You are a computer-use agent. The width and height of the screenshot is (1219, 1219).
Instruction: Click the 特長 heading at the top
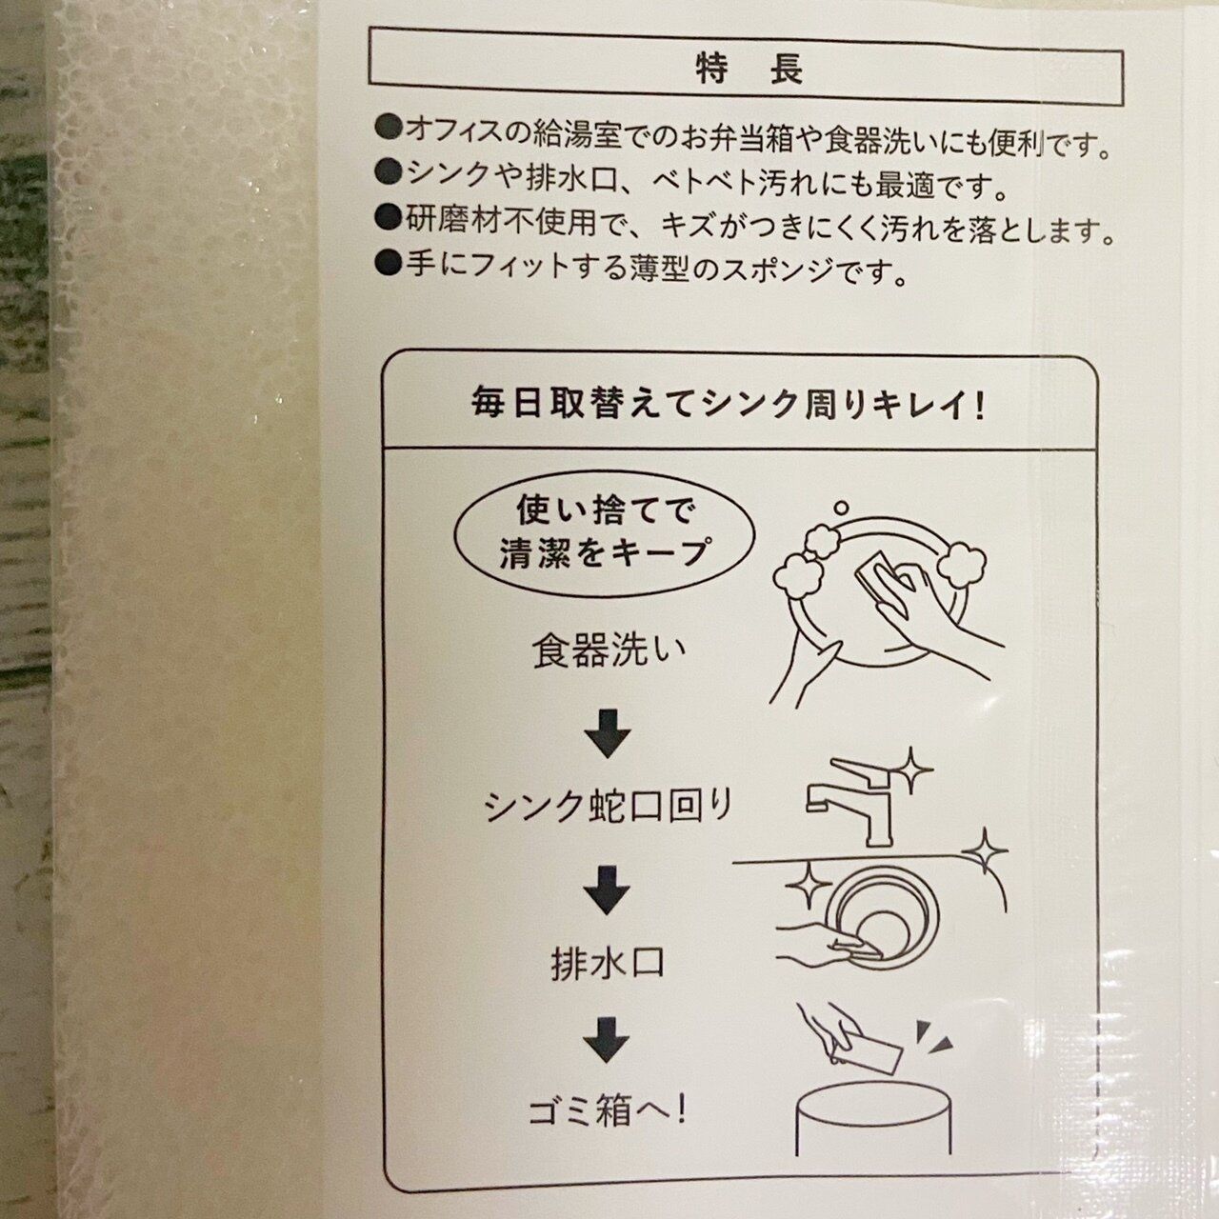pyautogui.click(x=749, y=70)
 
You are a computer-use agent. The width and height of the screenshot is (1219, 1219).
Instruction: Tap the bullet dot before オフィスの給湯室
pyautogui.click(x=388, y=130)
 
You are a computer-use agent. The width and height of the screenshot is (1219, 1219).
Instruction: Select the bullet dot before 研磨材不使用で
pyautogui.click(x=388, y=218)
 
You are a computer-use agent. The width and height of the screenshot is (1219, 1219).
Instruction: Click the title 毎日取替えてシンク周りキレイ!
pyautogui.click(x=728, y=406)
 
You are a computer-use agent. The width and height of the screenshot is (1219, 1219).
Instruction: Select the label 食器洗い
pyautogui.click(x=609, y=650)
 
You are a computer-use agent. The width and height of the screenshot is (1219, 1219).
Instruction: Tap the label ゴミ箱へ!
pyautogui.click(x=607, y=1110)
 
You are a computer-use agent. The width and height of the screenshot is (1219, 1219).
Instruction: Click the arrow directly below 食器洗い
pyautogui.click(x=607, y=733)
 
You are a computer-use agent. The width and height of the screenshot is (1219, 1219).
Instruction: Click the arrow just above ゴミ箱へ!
pyautogui.click(x=607, y=1041)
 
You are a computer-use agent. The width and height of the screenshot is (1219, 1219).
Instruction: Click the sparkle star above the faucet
pyautogui.click(x=910, y=769)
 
